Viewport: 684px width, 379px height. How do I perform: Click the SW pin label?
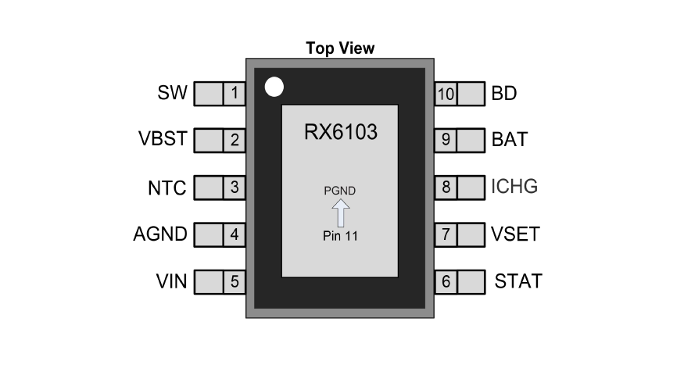[172, 94]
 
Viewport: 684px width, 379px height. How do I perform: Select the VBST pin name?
[162, 141]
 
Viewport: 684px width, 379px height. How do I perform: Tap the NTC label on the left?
[167, 188]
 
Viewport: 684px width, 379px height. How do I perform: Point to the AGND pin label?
[159, 234]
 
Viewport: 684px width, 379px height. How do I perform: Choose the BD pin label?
[504, 94]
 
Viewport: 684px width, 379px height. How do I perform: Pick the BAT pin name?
[510, 141]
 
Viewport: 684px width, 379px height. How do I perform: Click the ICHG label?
[514, 188]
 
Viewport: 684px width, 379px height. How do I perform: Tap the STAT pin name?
[518, 281]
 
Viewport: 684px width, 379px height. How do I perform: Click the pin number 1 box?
[235, 95]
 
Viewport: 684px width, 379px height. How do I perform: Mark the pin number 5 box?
[235, 282]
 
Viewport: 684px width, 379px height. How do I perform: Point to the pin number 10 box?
[446, 95]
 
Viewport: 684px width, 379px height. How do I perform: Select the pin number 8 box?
[446, 188]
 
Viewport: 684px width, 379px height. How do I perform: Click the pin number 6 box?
[446, 282]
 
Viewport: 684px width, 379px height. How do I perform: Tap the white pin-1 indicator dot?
[274, 87]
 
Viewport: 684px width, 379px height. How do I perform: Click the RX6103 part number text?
[340, 133]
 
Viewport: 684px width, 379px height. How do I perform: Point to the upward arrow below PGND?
[341, 213]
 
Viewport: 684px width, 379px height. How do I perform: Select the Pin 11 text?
[340, 236]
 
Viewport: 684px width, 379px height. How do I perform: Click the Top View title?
[340, 48]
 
